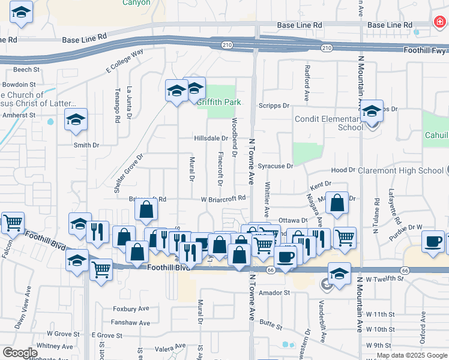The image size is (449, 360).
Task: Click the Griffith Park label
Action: (220, 102)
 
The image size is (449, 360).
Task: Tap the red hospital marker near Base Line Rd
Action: (440, 23)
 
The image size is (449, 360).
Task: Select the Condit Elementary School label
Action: (328, 123)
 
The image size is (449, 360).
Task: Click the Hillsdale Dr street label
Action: (211, 138)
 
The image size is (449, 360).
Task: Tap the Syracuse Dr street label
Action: (275, 166)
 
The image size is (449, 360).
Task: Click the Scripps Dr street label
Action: (274, 106)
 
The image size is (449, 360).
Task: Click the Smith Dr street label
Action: (86, 145)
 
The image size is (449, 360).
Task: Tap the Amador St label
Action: (274, 293)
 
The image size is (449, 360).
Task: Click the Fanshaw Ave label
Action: (131, 323)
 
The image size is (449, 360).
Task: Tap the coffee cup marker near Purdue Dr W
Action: (433, 242)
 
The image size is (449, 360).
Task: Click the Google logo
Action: (20, 353)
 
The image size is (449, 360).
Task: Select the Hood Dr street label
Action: (343, 170)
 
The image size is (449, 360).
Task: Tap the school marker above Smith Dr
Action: (76, 120)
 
